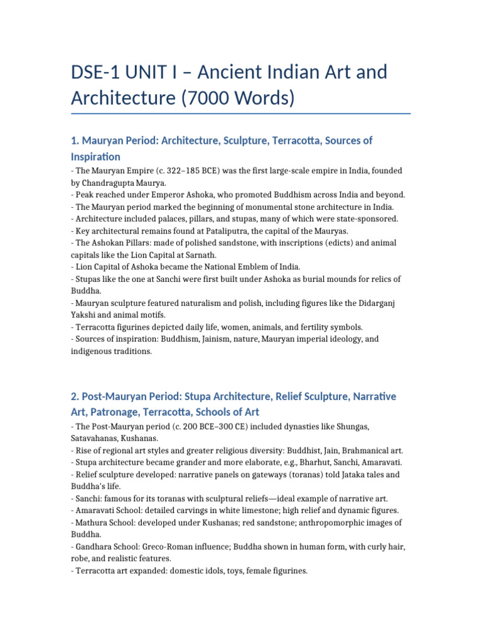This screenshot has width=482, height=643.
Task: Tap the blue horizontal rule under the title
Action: click(241, 114)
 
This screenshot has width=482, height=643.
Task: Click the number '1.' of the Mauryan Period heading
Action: click(75, 141)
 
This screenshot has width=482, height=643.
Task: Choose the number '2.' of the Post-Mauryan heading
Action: click(75, 397)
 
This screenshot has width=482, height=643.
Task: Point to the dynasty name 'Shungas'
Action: click(349, 426)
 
